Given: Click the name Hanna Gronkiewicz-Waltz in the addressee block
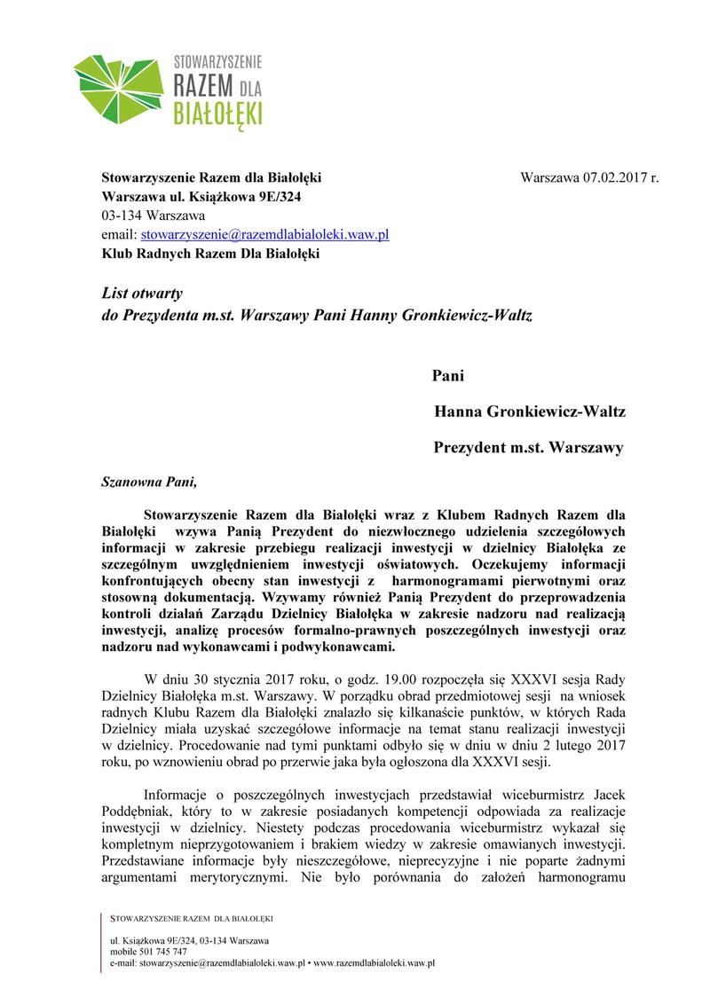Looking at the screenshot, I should coord(530,412).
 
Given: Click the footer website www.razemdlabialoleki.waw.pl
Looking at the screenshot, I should coord(374,961).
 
